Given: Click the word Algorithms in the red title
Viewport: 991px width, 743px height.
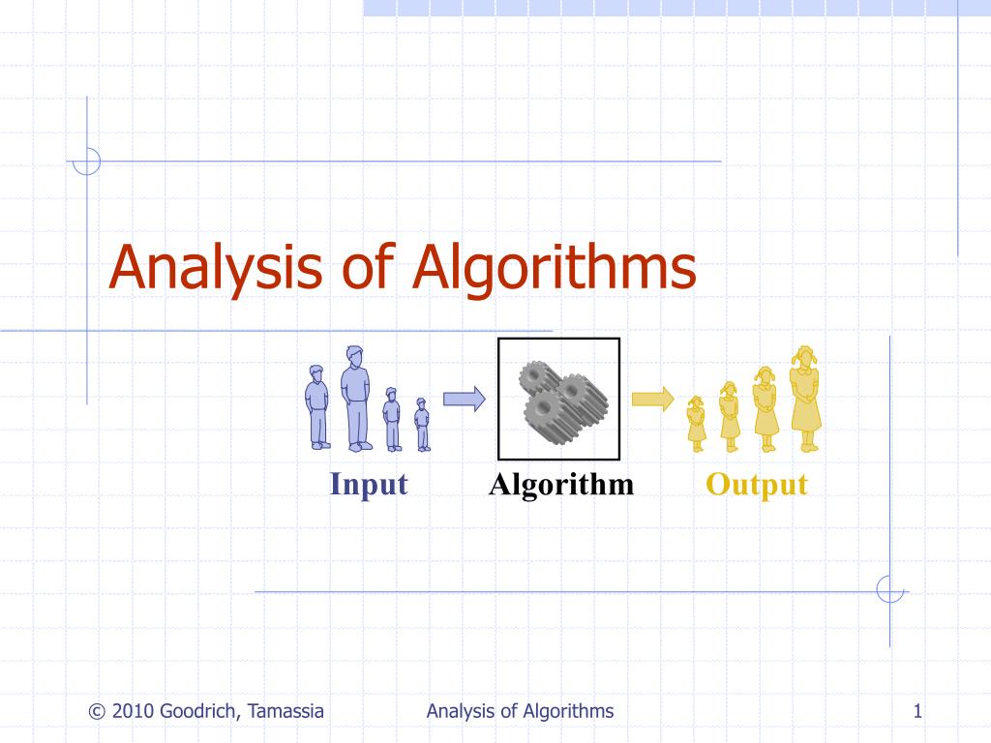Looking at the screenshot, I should (x=554, y=268).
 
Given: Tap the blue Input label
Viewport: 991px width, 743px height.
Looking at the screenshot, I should (x=369, y=484).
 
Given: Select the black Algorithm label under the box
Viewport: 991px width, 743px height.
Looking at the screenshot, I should (x=561, y=484).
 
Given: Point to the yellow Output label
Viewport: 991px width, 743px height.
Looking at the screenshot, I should (x=756, y=484).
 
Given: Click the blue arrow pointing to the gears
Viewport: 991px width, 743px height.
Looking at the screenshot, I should (x=464, y=399).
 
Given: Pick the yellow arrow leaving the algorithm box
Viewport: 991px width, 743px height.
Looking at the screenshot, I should (x=652, y=399).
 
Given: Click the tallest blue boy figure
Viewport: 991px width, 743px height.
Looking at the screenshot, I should (x=356, y=399).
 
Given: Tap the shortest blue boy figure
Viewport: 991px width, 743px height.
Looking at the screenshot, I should (x=422, y=425).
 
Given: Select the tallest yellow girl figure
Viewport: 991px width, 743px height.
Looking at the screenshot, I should (x=804, y=399).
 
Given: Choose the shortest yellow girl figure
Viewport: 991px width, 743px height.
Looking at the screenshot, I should (x=696, y=424).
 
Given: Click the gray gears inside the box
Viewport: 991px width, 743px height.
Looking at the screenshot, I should (x=559, y=399).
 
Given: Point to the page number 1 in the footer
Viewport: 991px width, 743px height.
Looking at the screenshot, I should (x=916, y=712).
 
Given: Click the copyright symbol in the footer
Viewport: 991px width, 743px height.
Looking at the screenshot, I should (x=96, y=712).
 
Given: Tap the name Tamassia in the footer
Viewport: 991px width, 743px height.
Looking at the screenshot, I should (x=285, y=712).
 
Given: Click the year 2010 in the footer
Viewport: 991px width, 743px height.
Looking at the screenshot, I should (x=134, y=712).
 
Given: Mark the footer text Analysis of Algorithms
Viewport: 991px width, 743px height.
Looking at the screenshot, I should (x=520, y=712).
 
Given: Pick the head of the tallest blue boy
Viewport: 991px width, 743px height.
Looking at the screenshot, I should (x=355, y=356).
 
